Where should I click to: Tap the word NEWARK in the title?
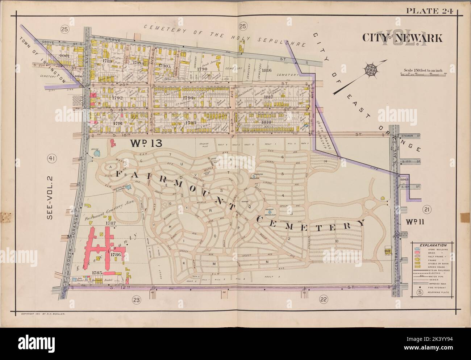pos(421,38)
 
